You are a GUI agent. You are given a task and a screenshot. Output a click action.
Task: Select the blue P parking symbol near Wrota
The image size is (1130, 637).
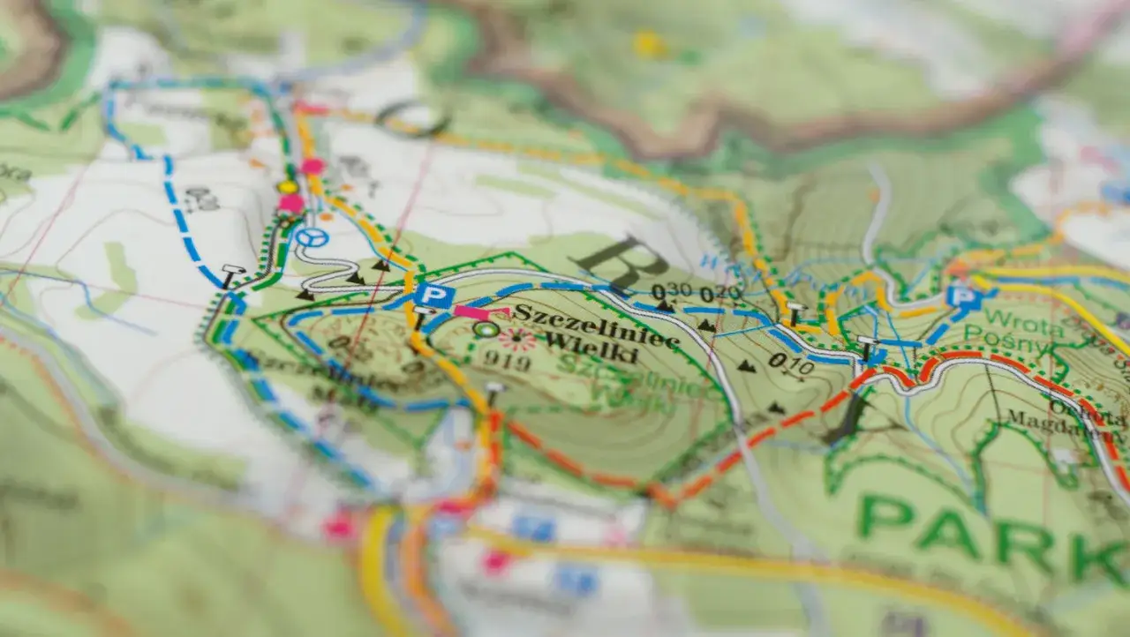tap(965, 296)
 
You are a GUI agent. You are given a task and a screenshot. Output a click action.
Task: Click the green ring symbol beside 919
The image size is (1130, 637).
tap(485, 329)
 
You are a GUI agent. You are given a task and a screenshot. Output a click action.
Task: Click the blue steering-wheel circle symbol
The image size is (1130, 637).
tap(311, 237)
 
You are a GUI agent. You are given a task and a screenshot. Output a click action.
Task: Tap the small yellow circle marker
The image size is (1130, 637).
tap(287, 187)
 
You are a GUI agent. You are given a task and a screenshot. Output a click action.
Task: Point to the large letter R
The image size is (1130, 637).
tap(621, 262)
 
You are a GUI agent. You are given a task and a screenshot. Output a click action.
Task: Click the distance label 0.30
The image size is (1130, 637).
tap(671, 292)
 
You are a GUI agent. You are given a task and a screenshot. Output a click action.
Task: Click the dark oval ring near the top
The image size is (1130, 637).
tap(411, 118)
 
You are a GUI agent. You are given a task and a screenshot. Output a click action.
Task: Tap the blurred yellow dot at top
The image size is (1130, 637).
tap(649, 44)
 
